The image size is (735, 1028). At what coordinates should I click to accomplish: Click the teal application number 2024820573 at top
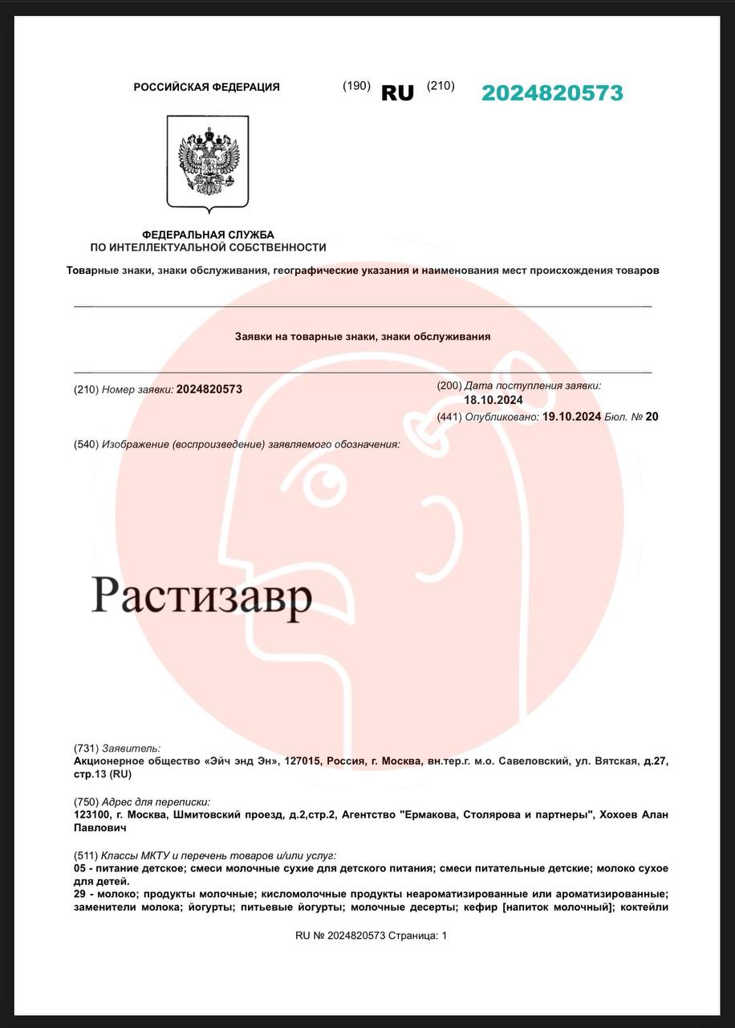click(552, 93)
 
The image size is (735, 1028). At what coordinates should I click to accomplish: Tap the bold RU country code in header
click(397, 93)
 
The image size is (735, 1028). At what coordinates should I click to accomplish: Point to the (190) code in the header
click(356, 86)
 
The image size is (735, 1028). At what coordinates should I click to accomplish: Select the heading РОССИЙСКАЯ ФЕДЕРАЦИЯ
click(207, 87)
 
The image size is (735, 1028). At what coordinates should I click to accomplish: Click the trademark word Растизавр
click(201, 597)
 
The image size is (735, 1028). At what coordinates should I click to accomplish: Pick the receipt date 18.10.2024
click(493, 400)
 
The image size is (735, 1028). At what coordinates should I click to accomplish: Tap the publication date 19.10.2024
click(571, 416)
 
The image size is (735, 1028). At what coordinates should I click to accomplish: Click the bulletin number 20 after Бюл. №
click(652, 416)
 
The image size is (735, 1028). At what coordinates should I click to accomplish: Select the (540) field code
click(86, 444)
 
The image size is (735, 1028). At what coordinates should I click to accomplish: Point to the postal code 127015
click(299, 760)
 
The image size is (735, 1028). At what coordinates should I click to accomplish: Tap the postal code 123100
click(92, 814)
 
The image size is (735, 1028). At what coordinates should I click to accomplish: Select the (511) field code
click(86, 855)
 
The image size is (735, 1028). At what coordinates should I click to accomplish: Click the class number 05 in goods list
click(79, 868)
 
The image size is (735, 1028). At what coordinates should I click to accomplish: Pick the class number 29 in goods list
click(79, 894)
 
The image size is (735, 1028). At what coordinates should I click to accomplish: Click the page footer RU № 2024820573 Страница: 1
click(371, 936)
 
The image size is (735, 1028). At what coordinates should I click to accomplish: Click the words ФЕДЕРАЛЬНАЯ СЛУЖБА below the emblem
click(208, 235)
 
